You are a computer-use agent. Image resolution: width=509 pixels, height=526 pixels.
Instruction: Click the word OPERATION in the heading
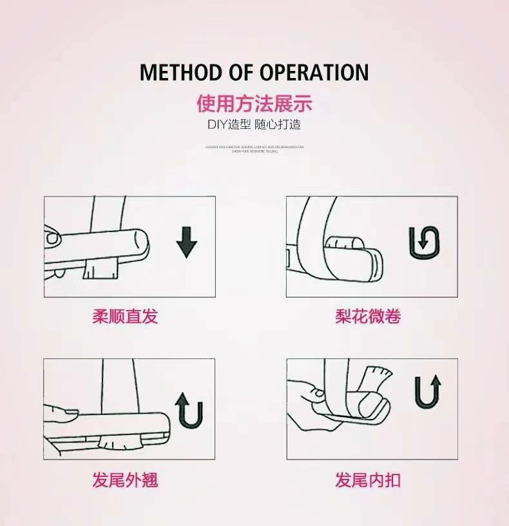[x=314, y=72]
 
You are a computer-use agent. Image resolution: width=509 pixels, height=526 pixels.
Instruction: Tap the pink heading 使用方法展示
[x=254, y=104]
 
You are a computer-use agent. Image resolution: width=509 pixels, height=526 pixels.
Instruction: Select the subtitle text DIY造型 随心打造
[x=254, y=124]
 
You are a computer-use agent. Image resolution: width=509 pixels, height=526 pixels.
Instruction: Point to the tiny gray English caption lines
[x=254, y=148]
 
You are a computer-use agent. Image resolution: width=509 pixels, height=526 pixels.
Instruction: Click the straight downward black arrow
[x=187, y=242]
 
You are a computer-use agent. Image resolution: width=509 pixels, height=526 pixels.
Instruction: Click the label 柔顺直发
[x=125, y=317]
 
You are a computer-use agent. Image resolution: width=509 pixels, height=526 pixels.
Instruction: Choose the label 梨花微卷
[x=368, y=317]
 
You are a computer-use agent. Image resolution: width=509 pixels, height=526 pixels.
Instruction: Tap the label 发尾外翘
[x=125, y=480]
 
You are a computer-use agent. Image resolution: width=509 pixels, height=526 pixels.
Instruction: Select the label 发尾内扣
[x=368, y=480]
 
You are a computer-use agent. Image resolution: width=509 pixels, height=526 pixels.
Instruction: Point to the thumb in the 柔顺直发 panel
[x=54, y=239]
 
